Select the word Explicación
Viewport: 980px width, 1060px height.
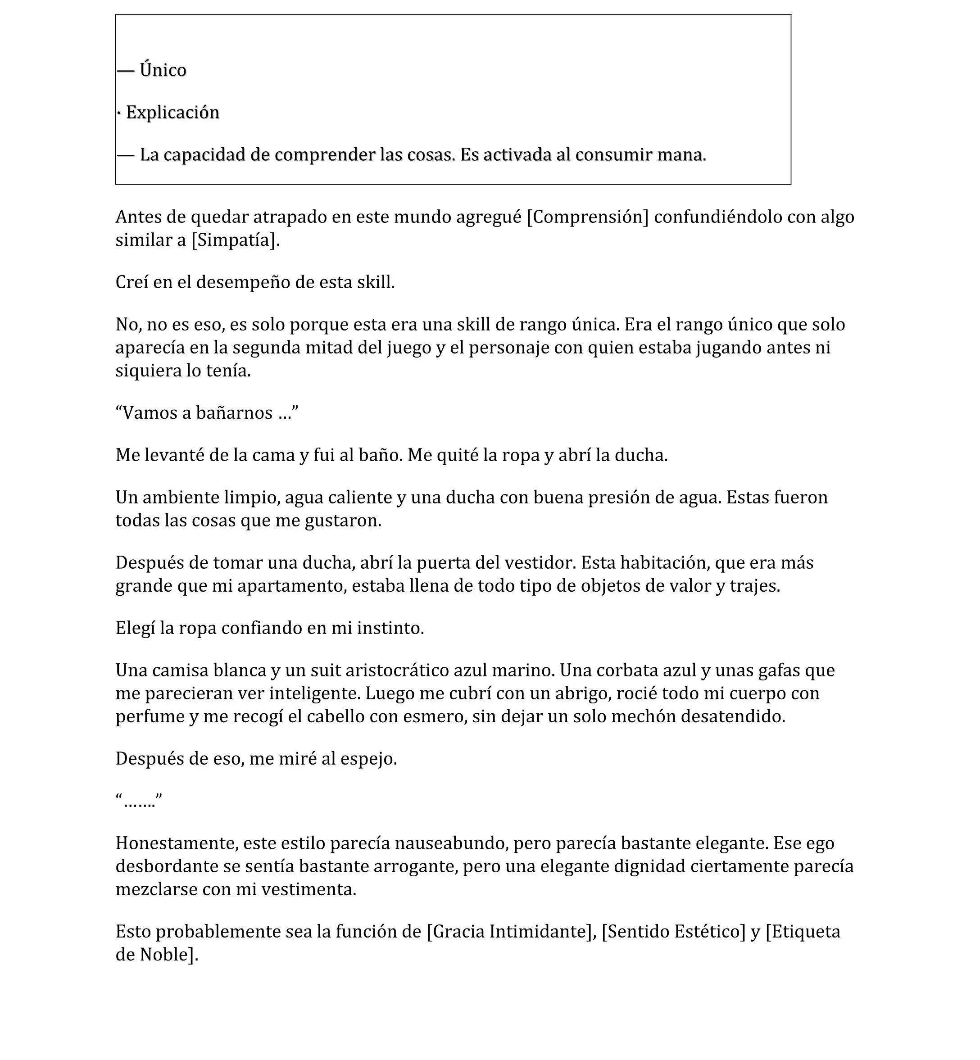172,113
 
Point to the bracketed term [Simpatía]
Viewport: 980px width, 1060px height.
235,240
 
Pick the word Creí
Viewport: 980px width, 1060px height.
132,282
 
